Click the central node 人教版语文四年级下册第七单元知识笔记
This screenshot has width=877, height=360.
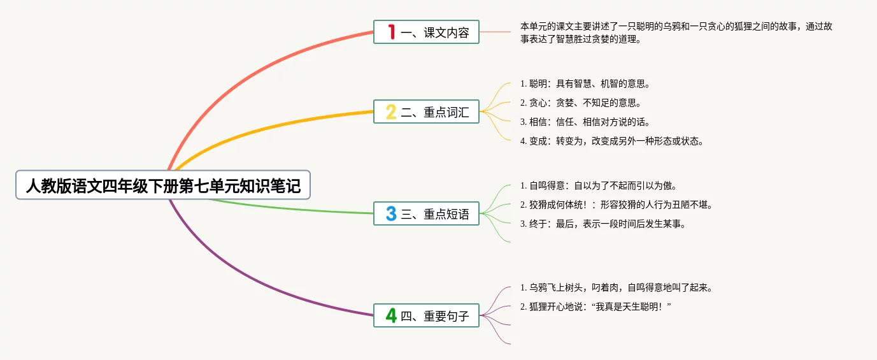pyautogui.click(x=163, y=185)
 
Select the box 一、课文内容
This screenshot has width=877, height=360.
pyautogui.click(x=426, y=32)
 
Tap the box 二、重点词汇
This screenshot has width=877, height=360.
pyautogui.click(x=426, y=112)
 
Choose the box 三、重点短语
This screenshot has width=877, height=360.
pyautogui.click(x=426, y=213)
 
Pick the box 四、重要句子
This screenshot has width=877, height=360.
pyautogui.click(x=426, y=315)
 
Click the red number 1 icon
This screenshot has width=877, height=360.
pyautogui.click(x=392, y=32)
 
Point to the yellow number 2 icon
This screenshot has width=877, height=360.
pyautogui.click(x=392, y=112)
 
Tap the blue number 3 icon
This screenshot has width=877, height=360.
pyautogui.click(x=392, y=213)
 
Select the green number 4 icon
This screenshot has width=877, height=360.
pyautogui.click(x=392, y=315)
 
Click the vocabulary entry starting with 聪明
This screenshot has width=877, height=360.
pyautogui.click(x=585, y=83)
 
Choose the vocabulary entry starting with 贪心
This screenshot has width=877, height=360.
pyautogui.click(x=580, y=103)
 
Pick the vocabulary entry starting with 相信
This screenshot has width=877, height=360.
pyautogui.click(x=585, y=122)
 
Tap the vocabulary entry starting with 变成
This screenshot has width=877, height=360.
pyautogui.click(x=611, y=141)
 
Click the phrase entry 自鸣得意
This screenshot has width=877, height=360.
pyautogui.click(x=598, y=186)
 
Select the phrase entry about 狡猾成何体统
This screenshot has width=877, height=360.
pyautogui.click(x=616, y=205)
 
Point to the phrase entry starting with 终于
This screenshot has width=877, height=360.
pyautogui.click(x=602, y=224)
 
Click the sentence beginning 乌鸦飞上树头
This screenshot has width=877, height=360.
pyautogui.click(x=616, y=287)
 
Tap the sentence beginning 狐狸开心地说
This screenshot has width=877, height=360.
pyautogui.click(x=596, y=307)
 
